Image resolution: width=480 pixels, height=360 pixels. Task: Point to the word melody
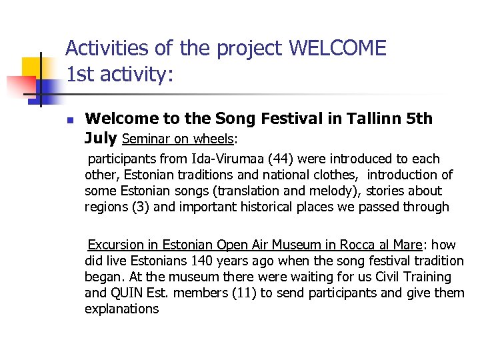point(325,191)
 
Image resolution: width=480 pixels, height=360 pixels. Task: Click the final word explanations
point(122,309)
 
